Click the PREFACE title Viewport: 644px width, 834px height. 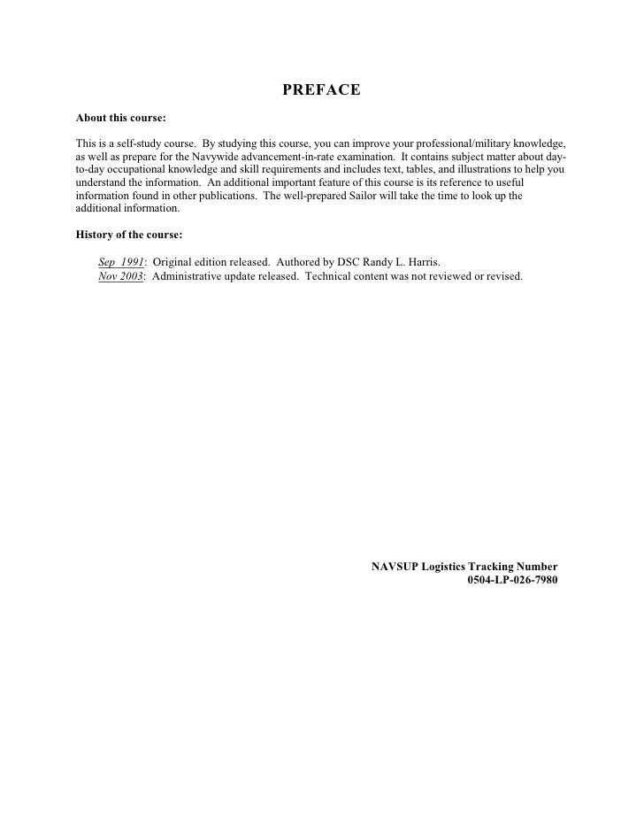321,90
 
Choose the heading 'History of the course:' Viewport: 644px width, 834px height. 129,235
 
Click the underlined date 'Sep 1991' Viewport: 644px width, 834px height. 121,263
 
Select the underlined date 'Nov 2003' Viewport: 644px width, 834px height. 121,275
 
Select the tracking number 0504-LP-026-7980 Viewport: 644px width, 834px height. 512,581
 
